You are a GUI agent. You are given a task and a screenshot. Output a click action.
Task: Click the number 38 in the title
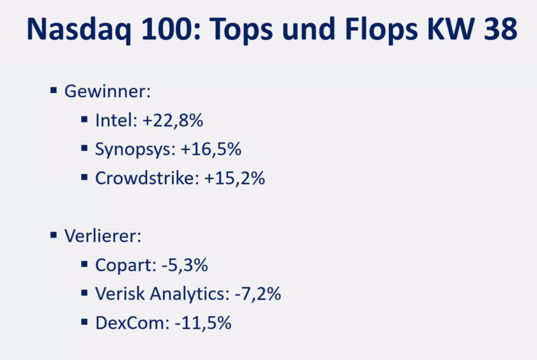499,30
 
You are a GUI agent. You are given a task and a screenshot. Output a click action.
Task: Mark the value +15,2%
234,178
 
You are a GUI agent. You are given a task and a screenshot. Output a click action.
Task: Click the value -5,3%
184,265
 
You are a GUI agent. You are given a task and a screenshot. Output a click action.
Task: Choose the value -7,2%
257,294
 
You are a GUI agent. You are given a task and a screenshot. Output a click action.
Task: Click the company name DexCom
131,323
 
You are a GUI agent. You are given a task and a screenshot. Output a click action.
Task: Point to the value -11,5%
203,323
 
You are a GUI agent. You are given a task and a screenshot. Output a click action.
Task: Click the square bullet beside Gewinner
53,90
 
